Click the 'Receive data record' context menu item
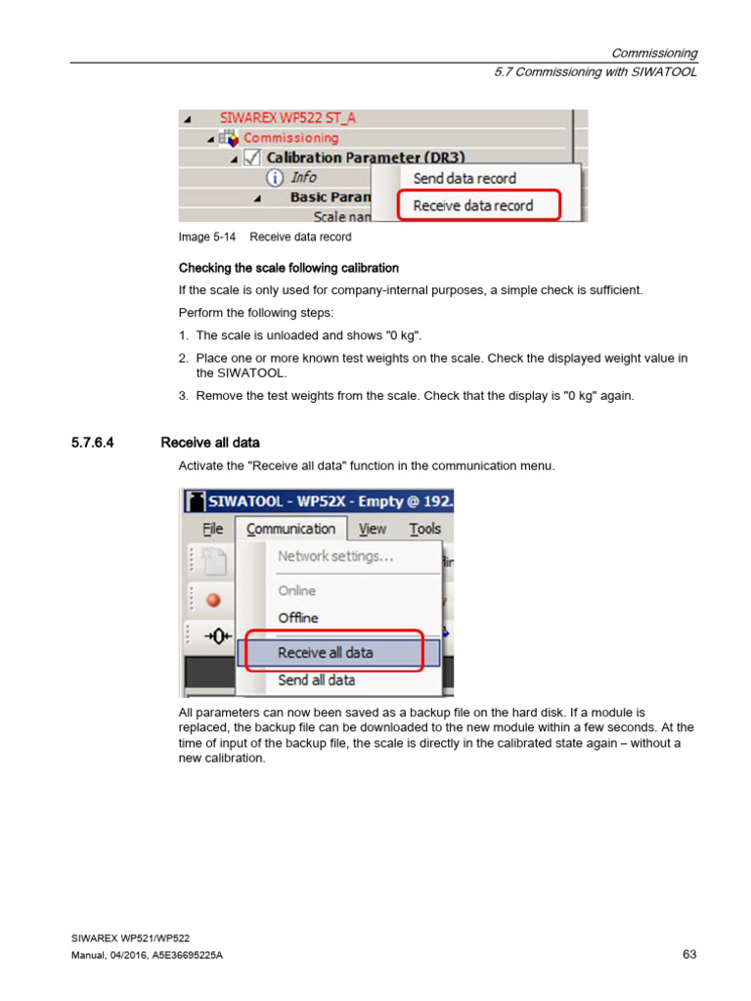pos(473,205)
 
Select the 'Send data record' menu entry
pos(464,178)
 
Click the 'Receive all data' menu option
pos(326,652)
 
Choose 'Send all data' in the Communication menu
pos(316,679)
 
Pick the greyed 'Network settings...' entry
pos(335,556)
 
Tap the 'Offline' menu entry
pos(298,618)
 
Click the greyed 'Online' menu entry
pos(297,590)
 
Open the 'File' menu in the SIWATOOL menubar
pos(212,529)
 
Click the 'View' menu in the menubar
pos(372,529)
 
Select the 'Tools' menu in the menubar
pos(424,529)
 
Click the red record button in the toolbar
pos(213,600)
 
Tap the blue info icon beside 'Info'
pos(276,177)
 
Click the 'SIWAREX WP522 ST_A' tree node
pos(287,117)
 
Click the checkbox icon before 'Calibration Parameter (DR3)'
pos(251,157)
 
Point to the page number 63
pos(689,954)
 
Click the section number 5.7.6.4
pos(93,443)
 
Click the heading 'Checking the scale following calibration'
pos(288,268)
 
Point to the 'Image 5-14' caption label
pos(207,237)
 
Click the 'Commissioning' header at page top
pos(654,53)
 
